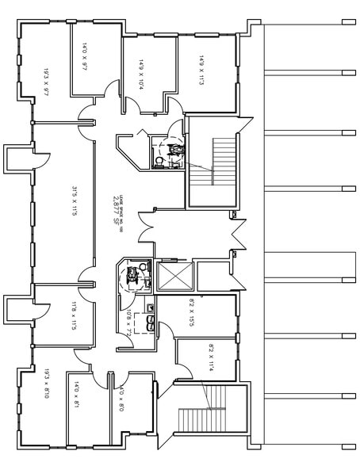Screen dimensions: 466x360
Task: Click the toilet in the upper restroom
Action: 161,161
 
